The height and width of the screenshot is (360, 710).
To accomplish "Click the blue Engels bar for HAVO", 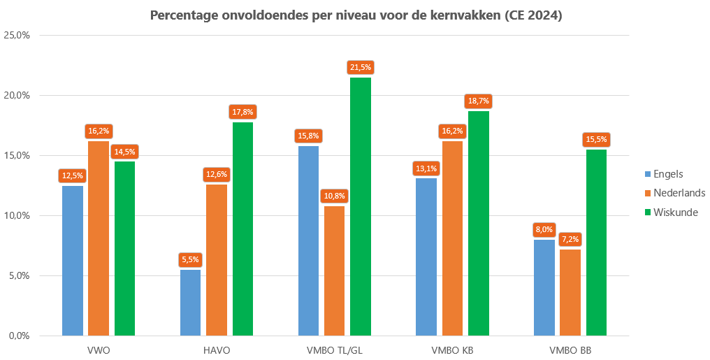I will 190,302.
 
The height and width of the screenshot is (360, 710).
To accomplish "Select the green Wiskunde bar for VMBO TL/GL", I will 361,206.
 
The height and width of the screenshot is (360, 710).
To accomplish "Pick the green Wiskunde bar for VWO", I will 124,248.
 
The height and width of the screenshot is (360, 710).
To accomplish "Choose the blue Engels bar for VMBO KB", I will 426,257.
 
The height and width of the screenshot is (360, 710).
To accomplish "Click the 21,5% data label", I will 361,67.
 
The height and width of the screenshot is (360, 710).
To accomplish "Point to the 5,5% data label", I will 190,259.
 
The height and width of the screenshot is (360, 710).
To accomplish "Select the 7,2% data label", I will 570,239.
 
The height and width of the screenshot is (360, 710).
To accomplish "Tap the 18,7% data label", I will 479,101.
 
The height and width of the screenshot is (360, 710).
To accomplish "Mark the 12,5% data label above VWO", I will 72,175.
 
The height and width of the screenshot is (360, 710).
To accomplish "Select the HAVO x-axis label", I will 217,350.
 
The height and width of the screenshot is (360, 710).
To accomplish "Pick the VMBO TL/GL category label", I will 334,350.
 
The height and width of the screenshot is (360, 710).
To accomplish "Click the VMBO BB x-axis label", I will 570,350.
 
